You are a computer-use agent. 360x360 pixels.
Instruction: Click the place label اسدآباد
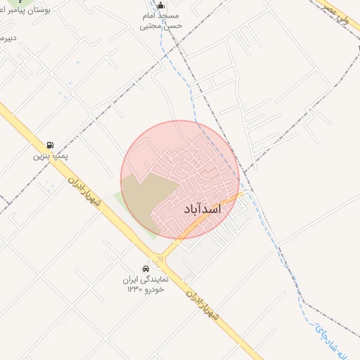[202, 210]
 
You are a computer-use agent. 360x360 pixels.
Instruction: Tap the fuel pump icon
[50, 145]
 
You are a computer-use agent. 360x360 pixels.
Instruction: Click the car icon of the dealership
[146, 269]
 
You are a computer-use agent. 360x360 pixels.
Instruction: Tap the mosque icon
[161, 6]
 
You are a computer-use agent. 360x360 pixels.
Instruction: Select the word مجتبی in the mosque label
[151, 25]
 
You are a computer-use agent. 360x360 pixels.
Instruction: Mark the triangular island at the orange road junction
[161, 259]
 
